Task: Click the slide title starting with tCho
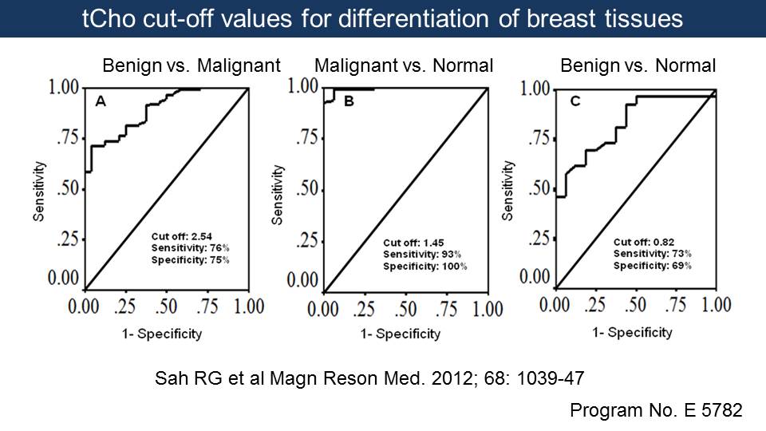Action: [382, 18]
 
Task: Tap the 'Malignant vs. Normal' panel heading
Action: [405, 65]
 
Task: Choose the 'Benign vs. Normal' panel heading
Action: [638, 65]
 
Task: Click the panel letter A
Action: [101, 101]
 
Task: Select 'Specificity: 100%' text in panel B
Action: [425, 266]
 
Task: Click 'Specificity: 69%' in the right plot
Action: [652, 264]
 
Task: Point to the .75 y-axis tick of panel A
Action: [66, 137]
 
